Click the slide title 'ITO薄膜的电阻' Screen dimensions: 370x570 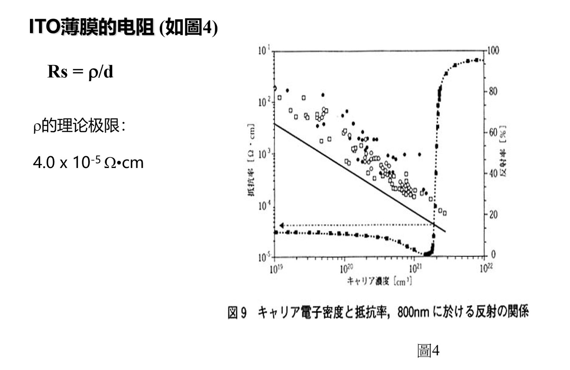click(x=92, y=27)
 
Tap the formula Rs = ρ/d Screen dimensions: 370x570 click(x=80, y=72)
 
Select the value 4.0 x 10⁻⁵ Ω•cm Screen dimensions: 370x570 click(x=88, y=162)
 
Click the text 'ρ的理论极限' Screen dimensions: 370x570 click(x=79, y=126)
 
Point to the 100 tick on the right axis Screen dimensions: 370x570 click(x=493, y=50)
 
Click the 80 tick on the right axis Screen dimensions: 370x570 click(x=493, y=91)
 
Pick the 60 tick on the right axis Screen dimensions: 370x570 click(x=493, y=132)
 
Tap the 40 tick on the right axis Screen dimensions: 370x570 click(x=493, y=174)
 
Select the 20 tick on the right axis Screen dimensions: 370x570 click(x=493, y=214)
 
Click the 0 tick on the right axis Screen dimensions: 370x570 click(x=493, y=254)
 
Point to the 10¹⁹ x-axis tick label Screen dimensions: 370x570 click(x=276, y=268)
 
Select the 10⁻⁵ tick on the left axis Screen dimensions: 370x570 click(x=264, y=256)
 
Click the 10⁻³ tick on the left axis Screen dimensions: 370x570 click(x=264, y=154)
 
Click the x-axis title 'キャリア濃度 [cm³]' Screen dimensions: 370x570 click(x=379, y=281)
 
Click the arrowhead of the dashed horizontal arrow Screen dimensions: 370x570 click(x=281, y=226)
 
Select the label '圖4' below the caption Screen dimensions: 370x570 click(x=428, y=351)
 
